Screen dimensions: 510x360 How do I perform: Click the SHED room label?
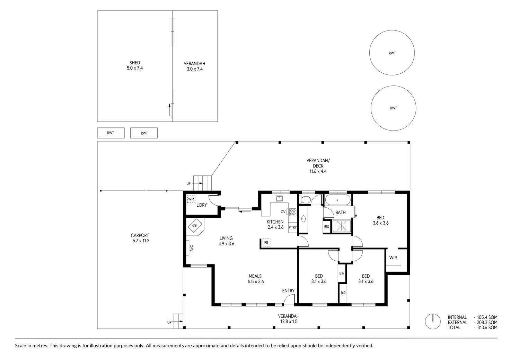pos(135,63)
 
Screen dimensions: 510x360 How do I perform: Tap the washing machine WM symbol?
pos(191,199)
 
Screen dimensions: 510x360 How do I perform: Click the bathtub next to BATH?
pos(338,200)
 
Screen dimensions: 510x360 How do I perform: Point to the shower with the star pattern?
pos(341,226)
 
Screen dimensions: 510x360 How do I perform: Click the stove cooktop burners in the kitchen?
pos(293,212)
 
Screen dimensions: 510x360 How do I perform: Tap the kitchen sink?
pos(279,199)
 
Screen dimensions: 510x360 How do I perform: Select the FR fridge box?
pos(266,243)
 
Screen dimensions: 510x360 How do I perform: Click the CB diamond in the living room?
pos(195,225)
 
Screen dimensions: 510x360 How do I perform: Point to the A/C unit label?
pos(192,248)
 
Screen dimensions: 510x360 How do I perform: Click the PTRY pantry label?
pos(292,227)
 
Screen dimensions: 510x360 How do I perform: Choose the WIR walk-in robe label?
pos(393,258)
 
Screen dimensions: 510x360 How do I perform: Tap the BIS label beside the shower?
pos(326,226)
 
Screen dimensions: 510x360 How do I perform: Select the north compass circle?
pos(433,321)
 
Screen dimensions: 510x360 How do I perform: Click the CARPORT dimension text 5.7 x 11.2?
pos(141,241)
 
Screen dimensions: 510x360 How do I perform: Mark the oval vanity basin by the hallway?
pos(303,219)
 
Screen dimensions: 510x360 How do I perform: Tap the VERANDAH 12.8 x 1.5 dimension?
pos(289,321)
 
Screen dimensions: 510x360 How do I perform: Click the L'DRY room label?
pos(202,205)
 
